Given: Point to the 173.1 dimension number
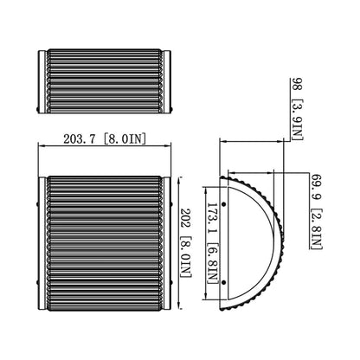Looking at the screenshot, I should pos(211,210).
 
